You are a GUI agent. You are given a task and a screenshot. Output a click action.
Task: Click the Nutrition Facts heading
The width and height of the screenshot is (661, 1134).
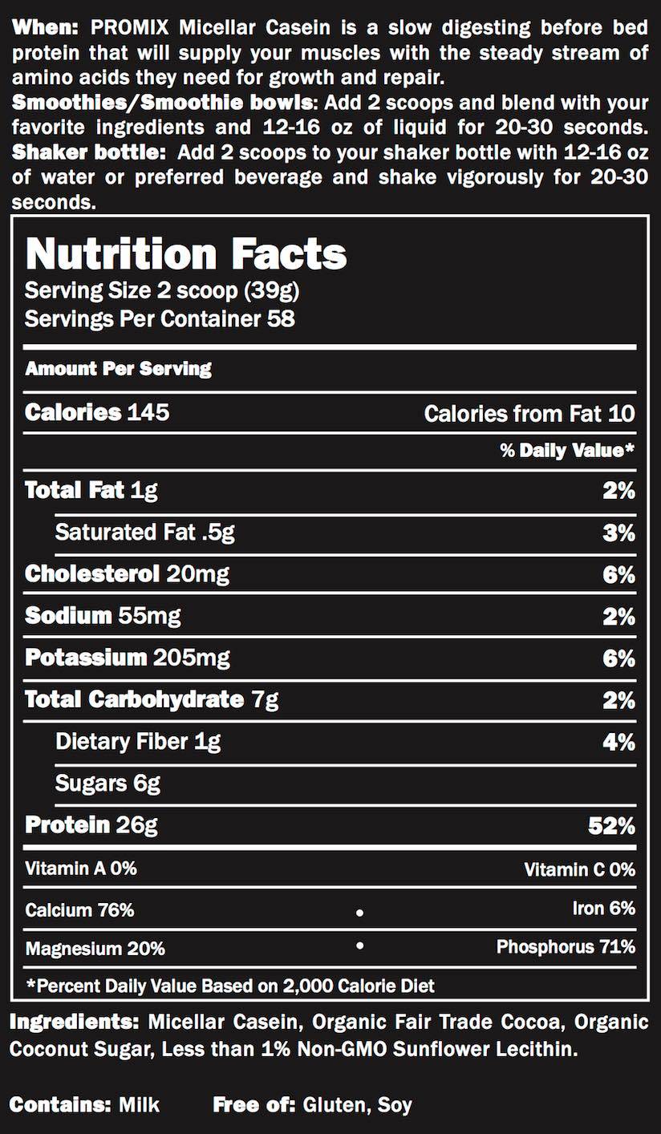[x=186, y=254]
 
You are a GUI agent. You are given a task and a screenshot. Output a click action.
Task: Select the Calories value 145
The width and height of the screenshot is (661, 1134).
[x=147, y=413]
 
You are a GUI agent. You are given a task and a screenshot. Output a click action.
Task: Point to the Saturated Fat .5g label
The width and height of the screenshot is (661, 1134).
[x=144, y=533]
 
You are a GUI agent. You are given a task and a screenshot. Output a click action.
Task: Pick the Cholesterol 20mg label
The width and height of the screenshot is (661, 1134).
[x=127, y=574]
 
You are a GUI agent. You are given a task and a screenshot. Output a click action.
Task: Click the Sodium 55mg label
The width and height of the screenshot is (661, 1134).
[x=103, y=616]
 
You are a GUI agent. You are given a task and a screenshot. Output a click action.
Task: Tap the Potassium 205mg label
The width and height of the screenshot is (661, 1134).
[x=128, y=658]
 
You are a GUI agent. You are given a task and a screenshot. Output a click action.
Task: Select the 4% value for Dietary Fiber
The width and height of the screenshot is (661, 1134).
[x=618, y=742]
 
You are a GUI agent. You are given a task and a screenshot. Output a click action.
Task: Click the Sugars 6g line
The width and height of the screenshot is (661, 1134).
[x=107, y=784]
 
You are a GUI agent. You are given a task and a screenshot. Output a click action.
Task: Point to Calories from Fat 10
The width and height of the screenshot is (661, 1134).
[x=529, y=414]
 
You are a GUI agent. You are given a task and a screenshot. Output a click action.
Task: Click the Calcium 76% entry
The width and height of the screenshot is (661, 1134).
[x=79, y=910]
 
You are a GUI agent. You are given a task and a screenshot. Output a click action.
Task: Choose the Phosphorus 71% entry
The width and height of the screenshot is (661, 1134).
[x=566, y=947]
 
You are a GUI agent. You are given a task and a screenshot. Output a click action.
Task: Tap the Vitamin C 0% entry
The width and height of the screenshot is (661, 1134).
[x=579, y=869]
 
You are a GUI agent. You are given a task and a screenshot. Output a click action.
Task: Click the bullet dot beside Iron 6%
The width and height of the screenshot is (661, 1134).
[x=359, y=913]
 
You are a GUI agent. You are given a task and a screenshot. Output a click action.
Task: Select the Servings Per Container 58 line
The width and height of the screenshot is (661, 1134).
[x=160, y=319]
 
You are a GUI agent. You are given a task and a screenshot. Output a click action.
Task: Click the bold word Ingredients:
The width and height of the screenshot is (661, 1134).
[x=74, y=1023]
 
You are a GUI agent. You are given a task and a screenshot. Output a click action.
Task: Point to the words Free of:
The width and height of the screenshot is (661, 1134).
[x=254, y=1105]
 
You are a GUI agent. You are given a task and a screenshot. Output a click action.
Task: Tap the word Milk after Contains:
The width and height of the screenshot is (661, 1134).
[x=139, y=1105]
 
